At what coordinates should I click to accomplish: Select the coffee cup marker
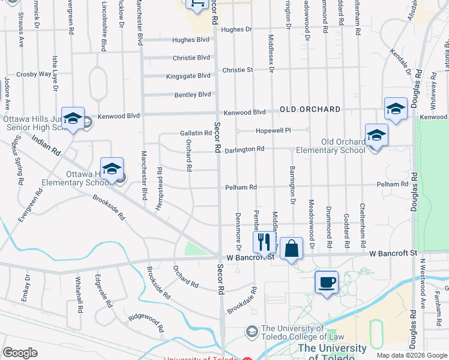tap(326, 282)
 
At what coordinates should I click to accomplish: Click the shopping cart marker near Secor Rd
tap(197, 4)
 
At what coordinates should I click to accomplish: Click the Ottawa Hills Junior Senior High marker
tap(73, 119)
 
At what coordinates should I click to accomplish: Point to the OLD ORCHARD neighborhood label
tap(310, 110)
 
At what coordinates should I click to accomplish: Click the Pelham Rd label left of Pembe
tap(241, 187)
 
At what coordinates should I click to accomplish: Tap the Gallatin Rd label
tap(196, 133)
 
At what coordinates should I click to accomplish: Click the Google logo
tap(20, 353)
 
